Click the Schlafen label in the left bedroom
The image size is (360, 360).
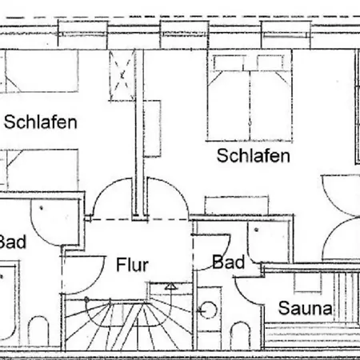click(41, 122)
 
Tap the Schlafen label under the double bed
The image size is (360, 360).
click(254, 156)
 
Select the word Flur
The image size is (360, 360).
click(132, 265)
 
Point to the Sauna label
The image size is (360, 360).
click(306, 308)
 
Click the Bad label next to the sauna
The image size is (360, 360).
click(229, 262)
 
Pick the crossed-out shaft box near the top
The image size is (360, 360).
click(122, 76)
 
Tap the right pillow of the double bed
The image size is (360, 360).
click(270, 62)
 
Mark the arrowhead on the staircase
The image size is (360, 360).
click(170, 286)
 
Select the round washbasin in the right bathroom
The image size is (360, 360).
click(208, 310)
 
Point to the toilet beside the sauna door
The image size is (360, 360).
click(241, 335)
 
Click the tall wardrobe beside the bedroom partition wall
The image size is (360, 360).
click(152, 129)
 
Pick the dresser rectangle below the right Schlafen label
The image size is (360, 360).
click(237, 206)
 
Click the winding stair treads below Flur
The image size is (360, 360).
click(128, 326)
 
